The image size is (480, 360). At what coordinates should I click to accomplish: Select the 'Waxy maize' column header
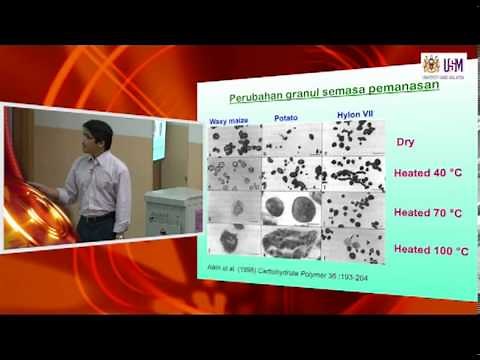coord(228,120)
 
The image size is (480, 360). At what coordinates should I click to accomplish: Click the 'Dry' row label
coord(406,143)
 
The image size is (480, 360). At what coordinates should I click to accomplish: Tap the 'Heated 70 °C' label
coord(427,212)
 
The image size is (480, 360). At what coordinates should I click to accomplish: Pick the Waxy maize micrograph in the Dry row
coord(233,140)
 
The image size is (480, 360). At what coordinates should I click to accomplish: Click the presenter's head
coord(97,135)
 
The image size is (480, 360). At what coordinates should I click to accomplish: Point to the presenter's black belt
coord(98,216)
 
